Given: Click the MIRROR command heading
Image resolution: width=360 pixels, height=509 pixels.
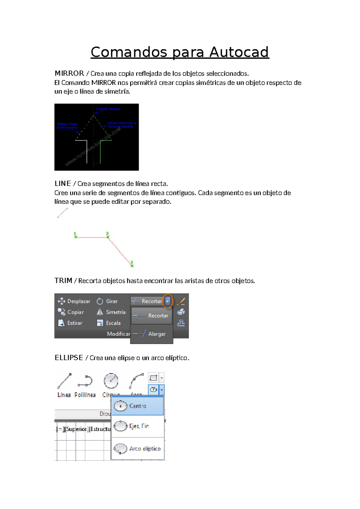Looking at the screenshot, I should point(69,73).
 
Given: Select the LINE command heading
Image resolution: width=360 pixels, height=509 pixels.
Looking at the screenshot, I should point(63,183).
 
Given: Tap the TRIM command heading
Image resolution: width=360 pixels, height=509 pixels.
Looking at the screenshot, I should point(63,281).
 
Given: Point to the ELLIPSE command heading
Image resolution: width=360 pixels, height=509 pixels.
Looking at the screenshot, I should point(69,358).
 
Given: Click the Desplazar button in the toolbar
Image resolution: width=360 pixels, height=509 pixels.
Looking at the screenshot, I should point(74,301).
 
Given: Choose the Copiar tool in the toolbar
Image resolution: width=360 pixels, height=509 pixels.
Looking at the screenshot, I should point(71,312).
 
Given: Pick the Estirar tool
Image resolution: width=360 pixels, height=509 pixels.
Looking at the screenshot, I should point(70,323).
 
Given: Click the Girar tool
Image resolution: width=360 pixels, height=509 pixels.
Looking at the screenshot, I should point(107,301).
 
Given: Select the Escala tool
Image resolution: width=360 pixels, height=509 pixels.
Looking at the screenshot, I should point(109,323).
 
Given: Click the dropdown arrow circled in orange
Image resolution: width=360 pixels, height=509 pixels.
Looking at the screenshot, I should point(168,301).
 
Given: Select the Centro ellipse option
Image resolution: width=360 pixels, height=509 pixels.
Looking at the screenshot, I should point(137,406).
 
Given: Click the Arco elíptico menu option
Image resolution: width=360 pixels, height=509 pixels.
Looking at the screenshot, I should point(138,448).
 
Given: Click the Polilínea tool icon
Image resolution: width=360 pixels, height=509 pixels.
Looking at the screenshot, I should point(85,381).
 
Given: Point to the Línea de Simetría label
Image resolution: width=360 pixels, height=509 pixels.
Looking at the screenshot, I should point(107,109).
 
